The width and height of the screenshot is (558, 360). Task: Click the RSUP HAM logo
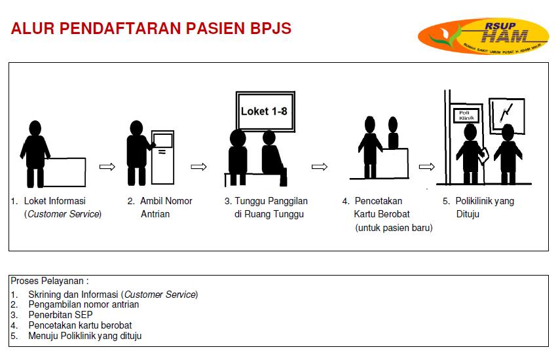(483, 36)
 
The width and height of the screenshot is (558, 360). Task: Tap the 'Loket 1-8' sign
(263, 111)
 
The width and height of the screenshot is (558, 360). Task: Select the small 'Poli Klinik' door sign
(466, 116)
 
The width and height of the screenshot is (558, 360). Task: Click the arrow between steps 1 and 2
(107, 167)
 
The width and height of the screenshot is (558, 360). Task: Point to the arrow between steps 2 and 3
(198, 167)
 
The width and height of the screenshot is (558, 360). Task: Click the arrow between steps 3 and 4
(319, 167)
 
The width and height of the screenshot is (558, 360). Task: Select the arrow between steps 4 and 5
(427, 167)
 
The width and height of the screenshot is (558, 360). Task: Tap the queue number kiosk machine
(162, 157)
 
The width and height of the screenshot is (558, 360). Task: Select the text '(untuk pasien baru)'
(394, 228)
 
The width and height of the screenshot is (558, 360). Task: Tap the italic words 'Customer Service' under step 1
(63, 214)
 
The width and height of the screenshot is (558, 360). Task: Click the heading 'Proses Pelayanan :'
(50, 281)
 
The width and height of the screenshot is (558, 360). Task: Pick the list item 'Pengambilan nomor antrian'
(83, 304)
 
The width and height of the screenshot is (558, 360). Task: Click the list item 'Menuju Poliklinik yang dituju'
(84, 336)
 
